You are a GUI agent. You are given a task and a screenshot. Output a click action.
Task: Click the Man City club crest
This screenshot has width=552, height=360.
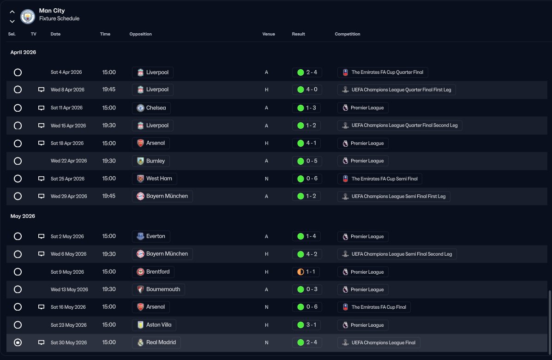point(28,17)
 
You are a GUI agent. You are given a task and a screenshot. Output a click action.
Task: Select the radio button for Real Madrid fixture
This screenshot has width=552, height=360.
point(18,342)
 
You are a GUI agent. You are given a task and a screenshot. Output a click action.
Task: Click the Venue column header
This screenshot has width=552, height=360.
point(269,34)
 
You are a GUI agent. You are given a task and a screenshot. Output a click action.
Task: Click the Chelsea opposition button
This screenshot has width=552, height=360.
point(151,108)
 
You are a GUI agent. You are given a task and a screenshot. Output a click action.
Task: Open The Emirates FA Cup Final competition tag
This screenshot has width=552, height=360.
point(374,307)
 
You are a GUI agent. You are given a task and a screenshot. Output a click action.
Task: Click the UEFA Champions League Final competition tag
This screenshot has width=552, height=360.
point(378,342)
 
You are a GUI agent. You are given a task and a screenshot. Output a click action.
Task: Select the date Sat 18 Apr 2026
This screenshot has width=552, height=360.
point(67,143)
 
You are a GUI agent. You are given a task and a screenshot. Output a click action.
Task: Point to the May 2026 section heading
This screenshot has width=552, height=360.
point(23,216)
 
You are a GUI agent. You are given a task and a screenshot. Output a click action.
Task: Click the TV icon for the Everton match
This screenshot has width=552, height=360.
point(41,236)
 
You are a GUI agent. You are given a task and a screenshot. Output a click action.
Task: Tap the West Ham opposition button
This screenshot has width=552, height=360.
point(154,179)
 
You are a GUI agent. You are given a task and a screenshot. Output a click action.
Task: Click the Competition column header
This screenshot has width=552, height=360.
point(348,34)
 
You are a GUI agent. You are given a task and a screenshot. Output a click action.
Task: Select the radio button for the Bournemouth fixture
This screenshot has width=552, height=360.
point(18,289)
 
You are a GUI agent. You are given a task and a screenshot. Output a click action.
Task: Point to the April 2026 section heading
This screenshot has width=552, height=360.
point(23,52)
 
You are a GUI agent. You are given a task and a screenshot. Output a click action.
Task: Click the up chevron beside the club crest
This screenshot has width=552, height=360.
point(12,12)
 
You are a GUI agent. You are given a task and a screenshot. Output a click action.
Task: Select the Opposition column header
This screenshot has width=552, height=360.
point(140,34)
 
